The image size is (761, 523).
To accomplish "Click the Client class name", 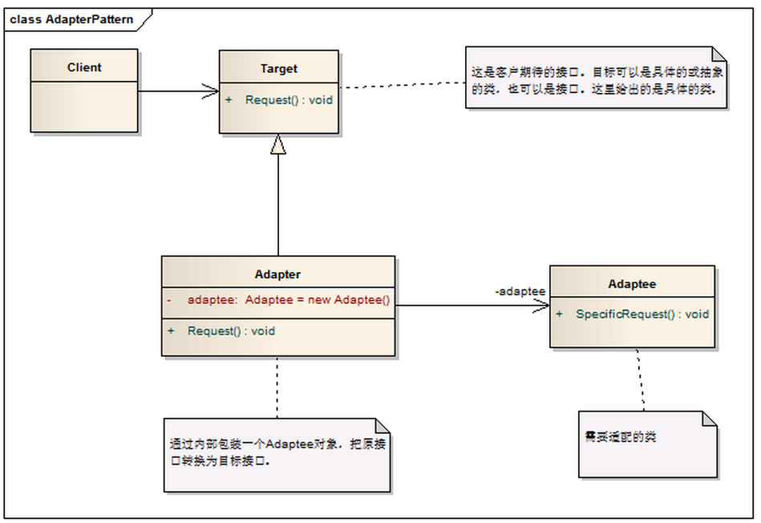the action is [x=84, y=67].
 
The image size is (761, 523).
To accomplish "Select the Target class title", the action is [x=278, y=68].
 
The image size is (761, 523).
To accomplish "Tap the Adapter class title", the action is [x=277, y=274].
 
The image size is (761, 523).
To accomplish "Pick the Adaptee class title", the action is [x=632, y=284].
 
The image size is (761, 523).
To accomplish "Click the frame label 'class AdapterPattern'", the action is [x=71, y=19].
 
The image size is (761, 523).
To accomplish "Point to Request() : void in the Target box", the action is [x=289, y=100].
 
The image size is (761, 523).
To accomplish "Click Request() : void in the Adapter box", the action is [x=231, y=331].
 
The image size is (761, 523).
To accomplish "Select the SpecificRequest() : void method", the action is [x=642, y=314].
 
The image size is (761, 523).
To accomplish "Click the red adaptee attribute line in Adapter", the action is [x=279, y=300].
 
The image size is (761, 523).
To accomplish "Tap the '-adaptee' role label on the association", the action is [x=520, y=291].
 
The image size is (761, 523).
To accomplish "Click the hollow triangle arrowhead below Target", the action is [x=278, y=144].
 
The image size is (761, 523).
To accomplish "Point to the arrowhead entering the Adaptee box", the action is [x=541, y=306].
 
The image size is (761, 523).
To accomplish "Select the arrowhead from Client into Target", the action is [x=211, y=91].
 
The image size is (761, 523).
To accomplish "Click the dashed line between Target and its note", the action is [x=403, y=85].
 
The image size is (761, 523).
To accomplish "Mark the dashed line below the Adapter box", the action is [x=277, y=387].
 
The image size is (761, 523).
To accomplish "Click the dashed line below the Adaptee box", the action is [x=640, y=379].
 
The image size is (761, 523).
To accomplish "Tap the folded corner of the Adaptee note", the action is [x=710, y=419].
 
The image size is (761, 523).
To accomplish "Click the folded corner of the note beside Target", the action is [x=719, y=54].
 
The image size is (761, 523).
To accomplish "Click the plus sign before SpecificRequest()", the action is [x=559, y=314].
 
